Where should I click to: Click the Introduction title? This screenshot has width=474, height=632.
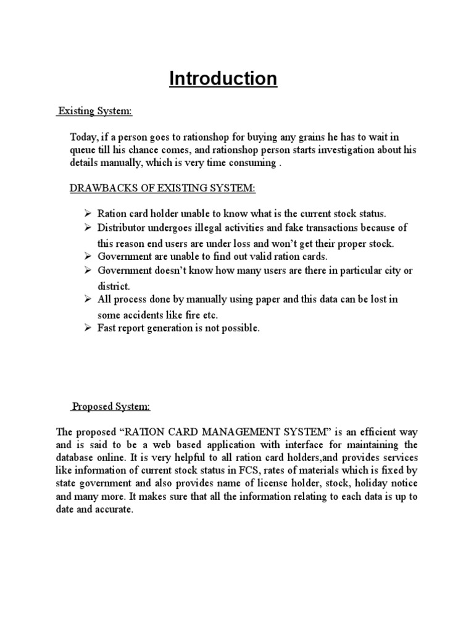[x=223, y=79]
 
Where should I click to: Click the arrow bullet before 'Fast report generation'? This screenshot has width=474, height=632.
[x=88, y=328]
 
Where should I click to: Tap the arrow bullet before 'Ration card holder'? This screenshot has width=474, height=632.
[x=88, y=214]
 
